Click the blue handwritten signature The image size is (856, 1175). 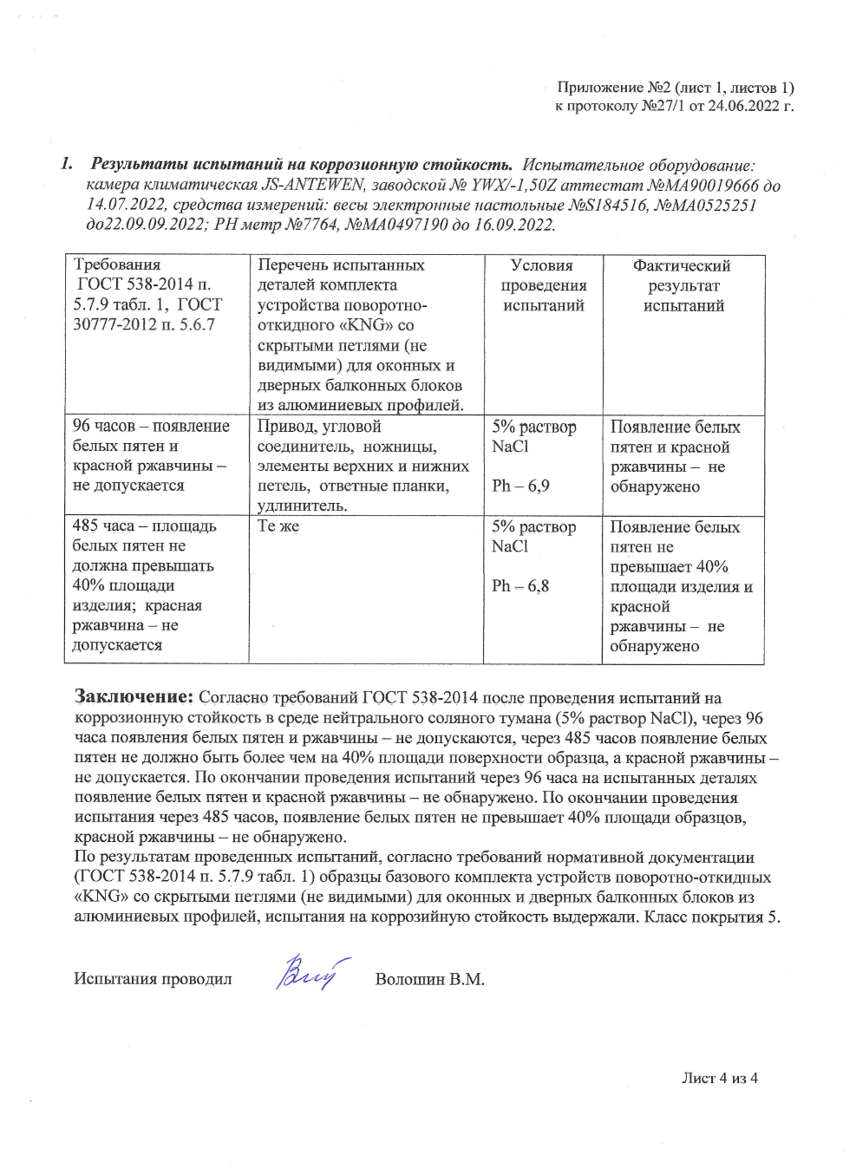click(x=308, y=973)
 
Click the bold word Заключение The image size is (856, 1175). click(x=134, y=696)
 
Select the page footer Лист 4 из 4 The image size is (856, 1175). click(x=719, y=1078)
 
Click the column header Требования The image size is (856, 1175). click(x=117, y=264)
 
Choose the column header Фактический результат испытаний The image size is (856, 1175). click(x=683, y=285)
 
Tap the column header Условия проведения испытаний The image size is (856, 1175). click(x=543, y=285)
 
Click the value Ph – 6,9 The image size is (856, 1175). click(x=520, y=486)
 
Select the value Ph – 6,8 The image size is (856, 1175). click(x=520, y=586)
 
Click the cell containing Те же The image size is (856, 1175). click(x=278, y=526)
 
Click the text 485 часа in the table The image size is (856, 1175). click(x=103, y=526)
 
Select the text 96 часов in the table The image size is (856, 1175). click(x=104, y=426)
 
